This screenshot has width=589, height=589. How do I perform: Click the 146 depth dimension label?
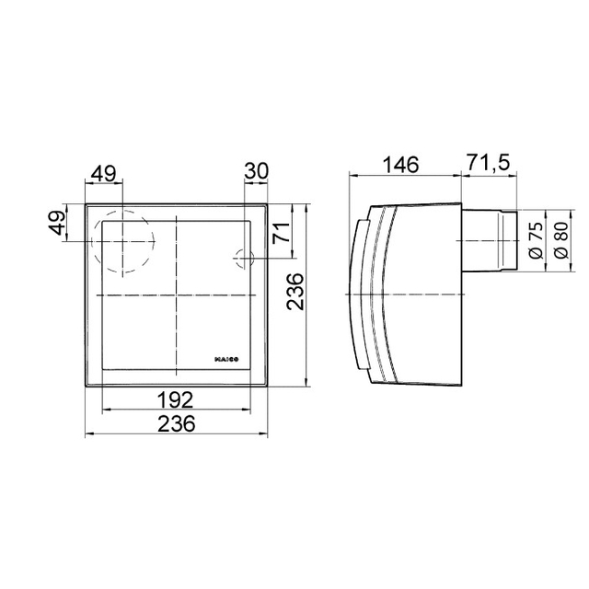point(400,165)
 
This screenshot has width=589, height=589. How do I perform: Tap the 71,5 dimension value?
point(489,163)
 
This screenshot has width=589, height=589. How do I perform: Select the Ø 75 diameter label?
point(537,240)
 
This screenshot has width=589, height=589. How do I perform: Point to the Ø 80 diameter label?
point(561,240)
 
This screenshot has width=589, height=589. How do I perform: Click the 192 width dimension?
point(176,399)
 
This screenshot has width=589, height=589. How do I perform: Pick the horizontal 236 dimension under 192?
point(177,423)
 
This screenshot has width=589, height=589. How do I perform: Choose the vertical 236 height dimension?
point(294,292)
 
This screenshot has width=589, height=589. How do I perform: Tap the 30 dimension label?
point(257,171)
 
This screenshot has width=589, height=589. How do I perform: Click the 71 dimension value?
point(282,233)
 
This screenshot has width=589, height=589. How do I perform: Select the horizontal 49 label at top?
point(104,174)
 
